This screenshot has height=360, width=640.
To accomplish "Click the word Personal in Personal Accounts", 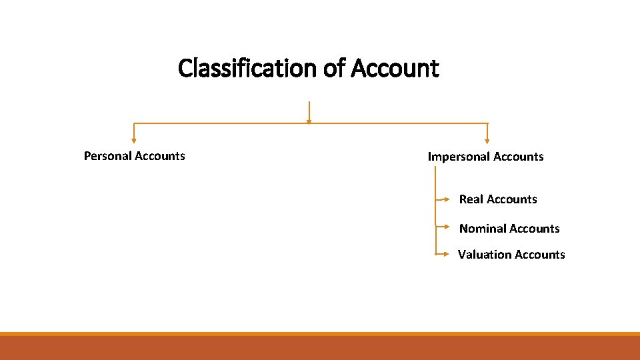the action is click(107, 156).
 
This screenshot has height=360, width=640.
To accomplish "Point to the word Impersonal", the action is click(457, 157).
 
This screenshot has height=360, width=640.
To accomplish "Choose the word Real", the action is click(471, 199).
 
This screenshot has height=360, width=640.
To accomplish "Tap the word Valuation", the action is click(483, 255).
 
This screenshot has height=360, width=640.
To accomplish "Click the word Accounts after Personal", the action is click(160, 156).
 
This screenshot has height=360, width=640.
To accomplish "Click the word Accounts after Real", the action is click(511, 199).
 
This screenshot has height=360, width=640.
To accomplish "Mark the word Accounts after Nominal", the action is click(534, 229).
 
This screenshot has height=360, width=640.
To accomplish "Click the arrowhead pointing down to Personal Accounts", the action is click(134, 141).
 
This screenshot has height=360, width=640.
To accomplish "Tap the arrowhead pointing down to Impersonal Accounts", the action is click(487, 141).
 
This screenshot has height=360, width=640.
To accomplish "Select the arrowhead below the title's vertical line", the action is click(309, 121).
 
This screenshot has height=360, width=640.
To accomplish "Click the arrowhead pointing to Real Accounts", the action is click(447, 199).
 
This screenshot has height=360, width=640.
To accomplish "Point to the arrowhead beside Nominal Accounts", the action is click(447, 227).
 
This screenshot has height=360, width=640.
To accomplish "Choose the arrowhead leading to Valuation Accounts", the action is click(447, 254).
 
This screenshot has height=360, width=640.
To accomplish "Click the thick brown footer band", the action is click(320, 348).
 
